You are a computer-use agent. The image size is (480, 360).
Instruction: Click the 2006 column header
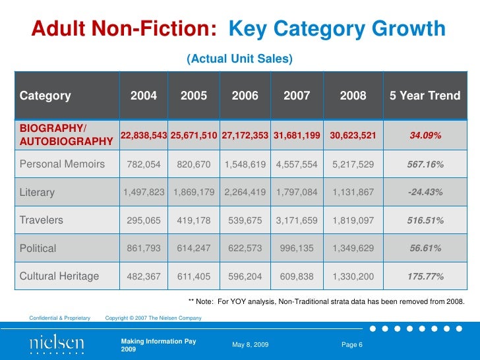pos(245,96)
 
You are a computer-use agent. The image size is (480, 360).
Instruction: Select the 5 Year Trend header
pos(425,96)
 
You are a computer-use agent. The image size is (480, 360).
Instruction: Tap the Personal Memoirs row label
pos(62,164)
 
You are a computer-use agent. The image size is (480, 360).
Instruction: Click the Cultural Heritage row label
pos(59,276)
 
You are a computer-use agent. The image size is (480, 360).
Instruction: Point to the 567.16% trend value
pos(425,164)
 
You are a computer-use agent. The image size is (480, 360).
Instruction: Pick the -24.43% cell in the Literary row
pos(425,193)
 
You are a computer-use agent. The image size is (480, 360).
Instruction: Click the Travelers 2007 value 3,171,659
pos(297,220)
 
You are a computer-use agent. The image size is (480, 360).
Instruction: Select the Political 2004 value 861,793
pos(144,249)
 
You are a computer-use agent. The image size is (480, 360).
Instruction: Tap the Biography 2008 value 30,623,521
pos(353,135)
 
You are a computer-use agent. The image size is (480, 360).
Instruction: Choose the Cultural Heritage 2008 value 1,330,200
pos(353,277)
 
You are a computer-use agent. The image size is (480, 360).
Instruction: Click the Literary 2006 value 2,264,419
pos(245,193)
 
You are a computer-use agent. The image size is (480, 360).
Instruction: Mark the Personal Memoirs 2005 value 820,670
pos(194,164)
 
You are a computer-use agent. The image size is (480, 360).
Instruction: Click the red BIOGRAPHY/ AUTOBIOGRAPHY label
pos(66,134)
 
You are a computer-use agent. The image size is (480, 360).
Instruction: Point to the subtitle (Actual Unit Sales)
pos(239,59)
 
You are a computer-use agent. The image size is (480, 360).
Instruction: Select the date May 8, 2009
pos(251,345)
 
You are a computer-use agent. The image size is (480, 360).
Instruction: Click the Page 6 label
pos(357,345)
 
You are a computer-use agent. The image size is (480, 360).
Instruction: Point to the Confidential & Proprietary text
pos(60,318)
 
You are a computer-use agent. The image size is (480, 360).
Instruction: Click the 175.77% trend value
pos(425,277)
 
